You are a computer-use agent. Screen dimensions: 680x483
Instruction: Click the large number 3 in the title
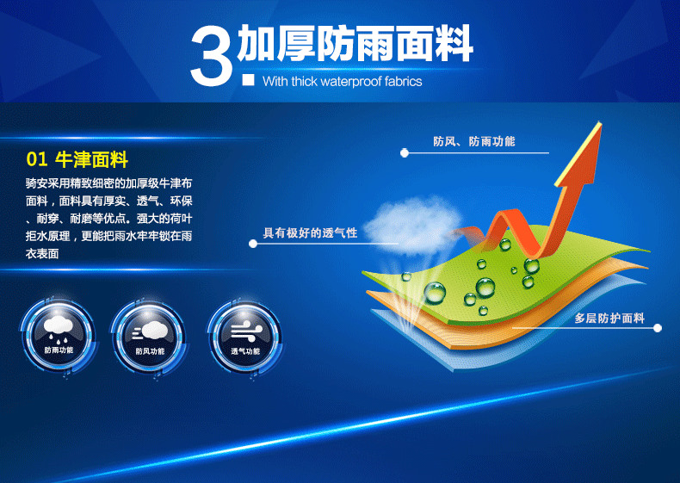tap(213, 55)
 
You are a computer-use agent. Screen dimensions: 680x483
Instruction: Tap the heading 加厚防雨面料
tap(355, 43)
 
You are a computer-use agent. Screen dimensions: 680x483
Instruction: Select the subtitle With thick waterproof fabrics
tap(343, 81)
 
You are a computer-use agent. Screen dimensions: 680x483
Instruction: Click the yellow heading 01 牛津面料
tap(77, 159)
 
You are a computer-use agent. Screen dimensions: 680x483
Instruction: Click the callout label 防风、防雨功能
tap(474, 141)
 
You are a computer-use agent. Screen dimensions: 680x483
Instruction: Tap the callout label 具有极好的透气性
tap(310, 233)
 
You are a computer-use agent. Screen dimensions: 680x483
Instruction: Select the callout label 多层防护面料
tap(609, 318)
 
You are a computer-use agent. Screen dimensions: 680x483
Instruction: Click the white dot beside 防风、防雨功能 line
tap(405, 152)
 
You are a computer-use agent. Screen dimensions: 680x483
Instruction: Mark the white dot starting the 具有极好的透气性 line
tap(253, 244)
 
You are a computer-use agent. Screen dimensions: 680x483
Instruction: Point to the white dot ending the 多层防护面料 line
tap(658, 328)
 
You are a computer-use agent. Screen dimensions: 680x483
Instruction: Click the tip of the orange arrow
tap(600, 123)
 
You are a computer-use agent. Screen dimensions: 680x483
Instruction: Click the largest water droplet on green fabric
tap(435, 293)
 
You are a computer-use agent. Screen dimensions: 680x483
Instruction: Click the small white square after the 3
tap(249, 80)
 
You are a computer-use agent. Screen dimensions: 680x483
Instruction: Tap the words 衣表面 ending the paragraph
tap(42, 253)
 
